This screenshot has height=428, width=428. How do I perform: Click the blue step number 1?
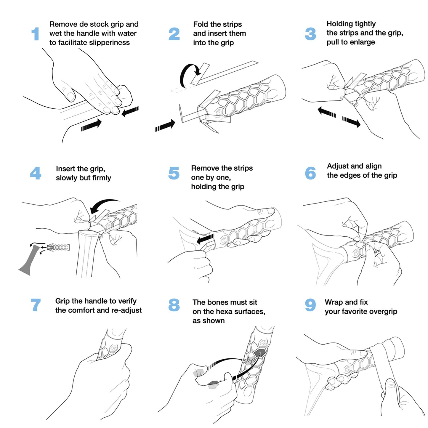point(35,34)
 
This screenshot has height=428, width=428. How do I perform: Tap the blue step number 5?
point(174,173)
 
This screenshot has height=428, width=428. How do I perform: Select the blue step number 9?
point(310,305)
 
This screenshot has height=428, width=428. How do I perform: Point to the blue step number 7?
point(36,305)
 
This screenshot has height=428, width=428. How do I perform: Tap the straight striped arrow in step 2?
point(165,126)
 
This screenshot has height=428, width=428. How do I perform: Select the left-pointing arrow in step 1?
point(130,111)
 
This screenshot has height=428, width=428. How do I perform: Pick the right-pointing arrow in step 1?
point(92,125)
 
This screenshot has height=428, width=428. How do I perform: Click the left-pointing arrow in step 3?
point(326,113)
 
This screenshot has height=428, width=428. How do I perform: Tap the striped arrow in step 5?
point(206,239)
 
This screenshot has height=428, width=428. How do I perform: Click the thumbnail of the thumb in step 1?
point(70,97)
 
